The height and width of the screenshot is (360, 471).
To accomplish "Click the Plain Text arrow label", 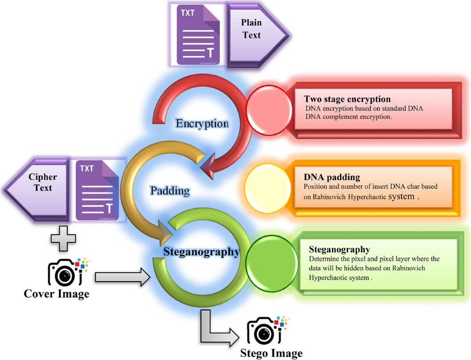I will pos(252,29).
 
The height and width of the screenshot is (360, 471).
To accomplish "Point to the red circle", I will pos(269,107).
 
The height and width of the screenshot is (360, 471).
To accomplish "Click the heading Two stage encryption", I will pos(347,99).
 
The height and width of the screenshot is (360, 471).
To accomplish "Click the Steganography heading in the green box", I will pos(339,249).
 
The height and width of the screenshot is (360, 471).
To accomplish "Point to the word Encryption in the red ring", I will pos(202,124).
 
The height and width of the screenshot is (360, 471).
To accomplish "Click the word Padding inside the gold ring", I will pos(170,191).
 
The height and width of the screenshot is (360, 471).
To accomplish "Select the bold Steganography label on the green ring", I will pos(201,252).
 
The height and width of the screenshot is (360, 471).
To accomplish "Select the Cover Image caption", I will pos(57,293).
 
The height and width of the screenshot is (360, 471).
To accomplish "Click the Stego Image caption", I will pos(272,353).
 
